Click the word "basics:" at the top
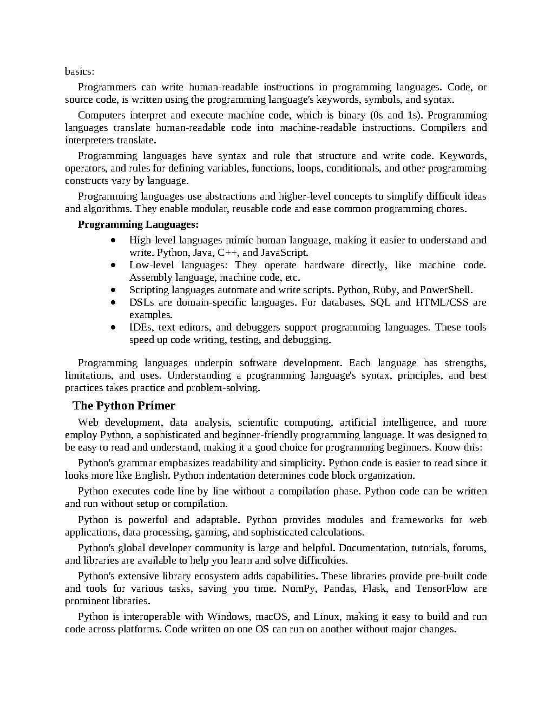[80, 71]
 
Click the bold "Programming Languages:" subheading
[138, 224]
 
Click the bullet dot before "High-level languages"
[113, 240]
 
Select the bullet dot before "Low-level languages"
[113, 265]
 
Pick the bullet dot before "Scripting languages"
[113, 290]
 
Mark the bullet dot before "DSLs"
[113, 302]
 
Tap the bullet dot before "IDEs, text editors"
[113, 327]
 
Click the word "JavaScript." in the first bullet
[284, 253]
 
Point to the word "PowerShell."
[446, 290]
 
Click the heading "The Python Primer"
[124, 406]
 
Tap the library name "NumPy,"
[299, 589]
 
